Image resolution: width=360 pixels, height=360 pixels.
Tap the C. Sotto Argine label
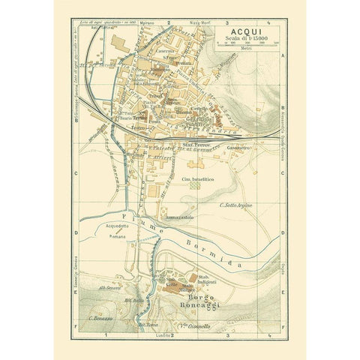point(233,203)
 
